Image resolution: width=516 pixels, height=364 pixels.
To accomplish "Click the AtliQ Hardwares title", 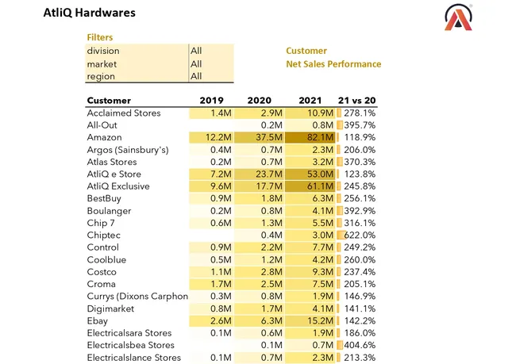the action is [89, 13].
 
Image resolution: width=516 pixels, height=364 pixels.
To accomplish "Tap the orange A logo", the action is [458, 17].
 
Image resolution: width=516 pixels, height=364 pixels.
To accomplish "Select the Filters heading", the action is [100, 37].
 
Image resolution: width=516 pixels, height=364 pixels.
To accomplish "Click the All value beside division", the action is [196, 51].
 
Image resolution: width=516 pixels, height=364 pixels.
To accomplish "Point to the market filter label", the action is [102, 64].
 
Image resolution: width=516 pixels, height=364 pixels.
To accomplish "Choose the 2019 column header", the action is [211, 100].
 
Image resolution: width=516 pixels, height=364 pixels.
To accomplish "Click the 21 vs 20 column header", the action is [356, 100].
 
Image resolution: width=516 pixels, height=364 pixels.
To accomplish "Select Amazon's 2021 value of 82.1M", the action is [320, 137].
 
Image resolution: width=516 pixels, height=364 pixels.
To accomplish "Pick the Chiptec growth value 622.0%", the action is [360, 235].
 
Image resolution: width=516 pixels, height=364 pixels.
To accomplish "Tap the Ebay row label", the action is [98, 321].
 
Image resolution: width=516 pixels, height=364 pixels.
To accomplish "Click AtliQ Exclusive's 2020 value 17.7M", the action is [269, 186].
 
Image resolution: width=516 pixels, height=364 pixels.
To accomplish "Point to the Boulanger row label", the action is [109, 211].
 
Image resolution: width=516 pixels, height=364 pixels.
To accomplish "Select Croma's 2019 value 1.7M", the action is [221, 284].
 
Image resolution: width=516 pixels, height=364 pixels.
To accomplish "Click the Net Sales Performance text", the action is [333, 64].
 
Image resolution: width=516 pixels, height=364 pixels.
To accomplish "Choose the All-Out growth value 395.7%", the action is [360, 125].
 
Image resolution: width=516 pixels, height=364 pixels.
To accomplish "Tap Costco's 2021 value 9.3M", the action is [322, 272].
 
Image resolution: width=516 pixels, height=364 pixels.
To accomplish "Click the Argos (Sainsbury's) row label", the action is [128, 150].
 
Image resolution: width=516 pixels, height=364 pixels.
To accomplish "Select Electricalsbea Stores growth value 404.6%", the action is [360, 345].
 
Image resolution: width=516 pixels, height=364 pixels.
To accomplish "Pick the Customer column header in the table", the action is [109, 100].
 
